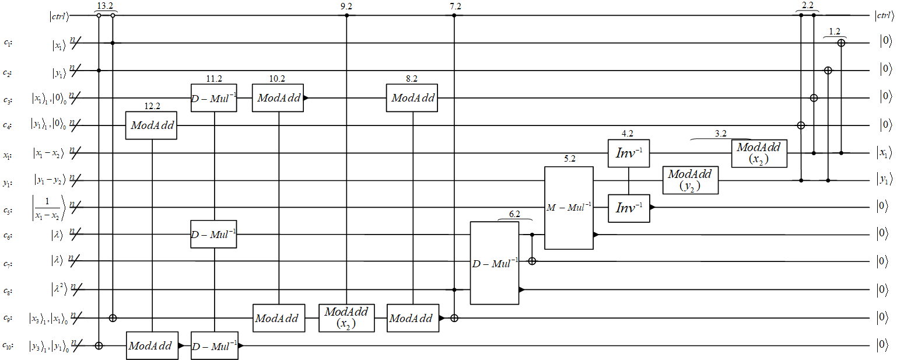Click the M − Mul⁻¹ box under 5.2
pos(569,208)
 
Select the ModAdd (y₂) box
pos(691,181)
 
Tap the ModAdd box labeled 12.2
pos(151,125)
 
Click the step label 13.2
pos(105,6)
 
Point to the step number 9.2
pos(346,6)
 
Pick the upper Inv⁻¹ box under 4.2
pos(628,153)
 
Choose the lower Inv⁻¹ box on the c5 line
pos(629,208)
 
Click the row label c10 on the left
pos(8,345)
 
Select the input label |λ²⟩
pos(58,289)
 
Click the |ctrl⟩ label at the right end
pos(884,15)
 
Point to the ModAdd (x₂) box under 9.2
pos(346,318)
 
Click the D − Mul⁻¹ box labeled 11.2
pos(214,97)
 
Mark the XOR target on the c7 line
pos(532,261)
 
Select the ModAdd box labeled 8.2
pos(412,97)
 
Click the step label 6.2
pos(514,214)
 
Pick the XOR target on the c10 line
pos(99,345)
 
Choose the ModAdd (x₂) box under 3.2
pos(759,153)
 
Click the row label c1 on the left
pos(8,43)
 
